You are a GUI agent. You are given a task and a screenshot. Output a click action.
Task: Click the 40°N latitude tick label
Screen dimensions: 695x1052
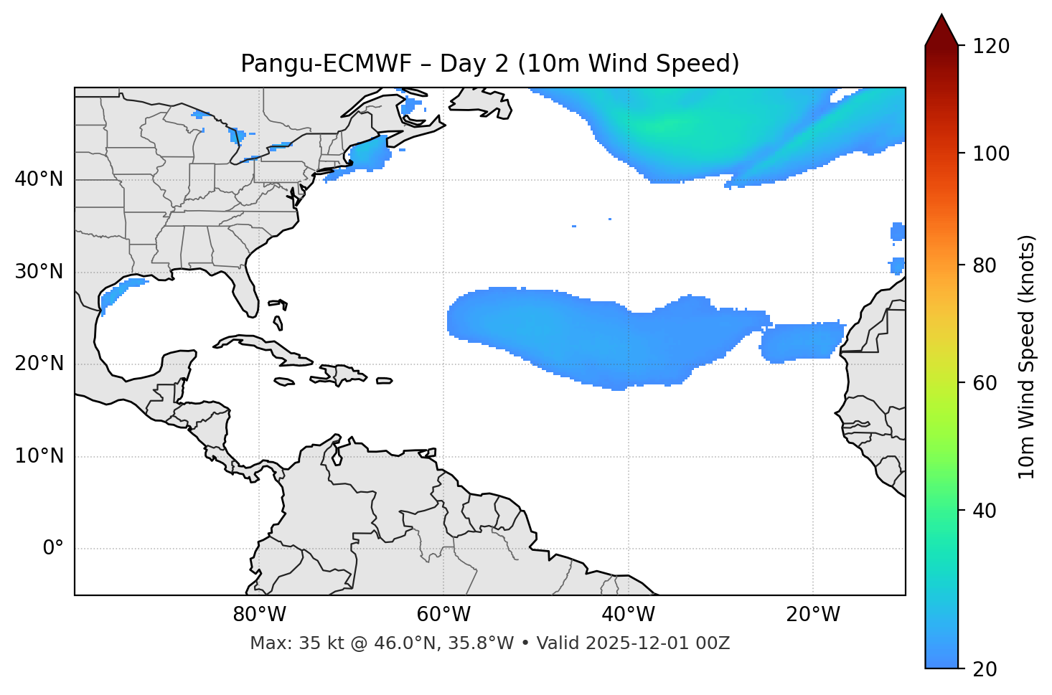(39, 179)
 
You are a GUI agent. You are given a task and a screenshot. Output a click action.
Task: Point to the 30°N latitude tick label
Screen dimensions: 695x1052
(39, 272)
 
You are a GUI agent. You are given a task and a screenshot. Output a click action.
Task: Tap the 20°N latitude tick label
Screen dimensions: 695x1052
(39, 364)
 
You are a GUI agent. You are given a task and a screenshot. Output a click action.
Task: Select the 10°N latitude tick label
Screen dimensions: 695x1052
(39, 456)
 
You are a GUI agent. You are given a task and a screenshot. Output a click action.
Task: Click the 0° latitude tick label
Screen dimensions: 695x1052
(53, 549)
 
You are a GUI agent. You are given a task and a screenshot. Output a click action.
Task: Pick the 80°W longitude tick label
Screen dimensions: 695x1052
(259, 615)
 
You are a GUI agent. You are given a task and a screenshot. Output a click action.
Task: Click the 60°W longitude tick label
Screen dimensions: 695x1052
(443, 615)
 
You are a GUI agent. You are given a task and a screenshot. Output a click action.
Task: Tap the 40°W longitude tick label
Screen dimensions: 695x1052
(628, 615)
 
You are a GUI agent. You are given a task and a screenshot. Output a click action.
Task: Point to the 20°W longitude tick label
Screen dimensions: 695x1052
(813, 615)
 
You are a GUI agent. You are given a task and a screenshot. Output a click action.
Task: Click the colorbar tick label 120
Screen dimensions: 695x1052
(990, 47)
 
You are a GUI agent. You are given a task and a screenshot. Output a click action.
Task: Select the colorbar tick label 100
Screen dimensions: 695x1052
(990, 153)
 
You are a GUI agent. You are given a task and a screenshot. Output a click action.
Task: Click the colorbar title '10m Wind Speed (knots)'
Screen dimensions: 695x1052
(1027, 356)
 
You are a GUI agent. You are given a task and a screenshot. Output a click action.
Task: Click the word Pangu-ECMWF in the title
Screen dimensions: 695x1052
(326, 64)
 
